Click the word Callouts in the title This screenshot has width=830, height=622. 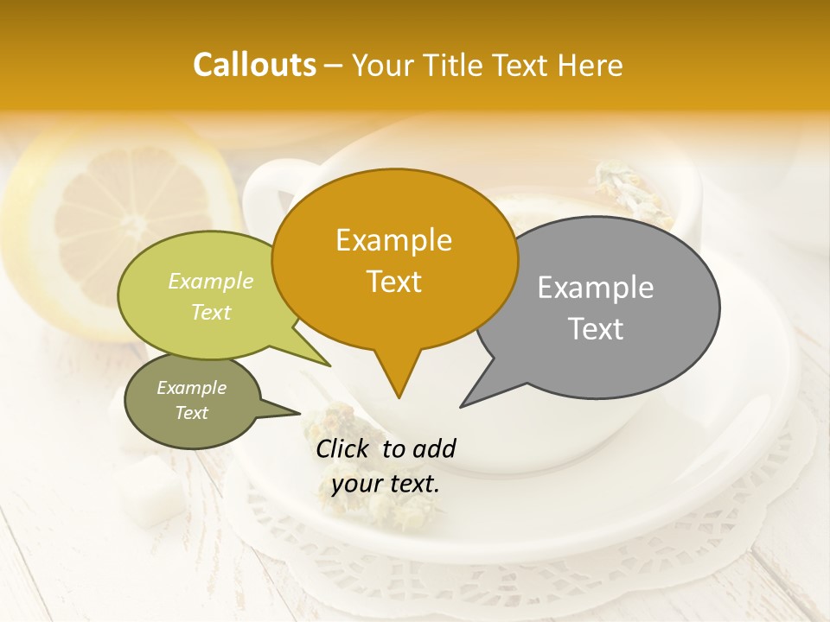pos(254,65)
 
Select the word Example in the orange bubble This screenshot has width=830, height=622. pos(393,240)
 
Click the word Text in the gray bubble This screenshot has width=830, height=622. pos(596,329)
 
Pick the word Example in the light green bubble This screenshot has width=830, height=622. pos(211,281)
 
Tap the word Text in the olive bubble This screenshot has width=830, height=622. pos(192,413)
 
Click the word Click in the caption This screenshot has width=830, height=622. pos(344,448)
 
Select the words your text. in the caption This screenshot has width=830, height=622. pos(386,484)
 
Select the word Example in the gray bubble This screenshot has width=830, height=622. pos(596,288)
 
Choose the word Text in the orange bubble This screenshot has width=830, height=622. pos(393,282)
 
